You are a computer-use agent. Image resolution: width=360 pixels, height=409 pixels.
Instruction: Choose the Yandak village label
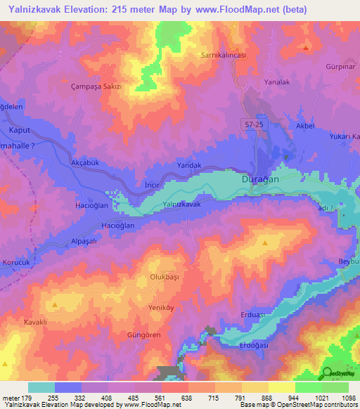pyautogui.click(x=189, y=165)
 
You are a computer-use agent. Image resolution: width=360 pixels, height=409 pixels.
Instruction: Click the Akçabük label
pyautogui.click(x=86, y=162)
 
